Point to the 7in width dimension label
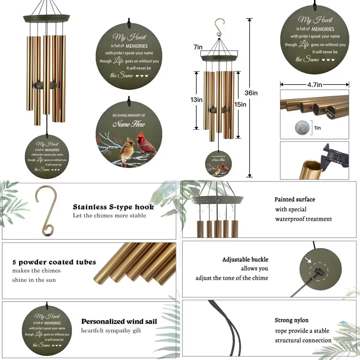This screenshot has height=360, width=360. click(198, 47)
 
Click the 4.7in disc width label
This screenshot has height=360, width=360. click(314, 85)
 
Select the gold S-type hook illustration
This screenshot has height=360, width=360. click(45, 211)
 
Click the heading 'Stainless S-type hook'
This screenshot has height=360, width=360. click(113, 207)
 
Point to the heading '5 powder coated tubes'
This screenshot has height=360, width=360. click(54, 262)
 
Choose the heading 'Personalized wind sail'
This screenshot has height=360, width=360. click(119, 321)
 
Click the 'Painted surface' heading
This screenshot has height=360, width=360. click(294, 199)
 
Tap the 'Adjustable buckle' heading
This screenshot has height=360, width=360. click(245, 260)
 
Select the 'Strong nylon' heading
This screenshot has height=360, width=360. click(292, 320)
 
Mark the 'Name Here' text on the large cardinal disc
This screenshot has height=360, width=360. click(129, 124)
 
